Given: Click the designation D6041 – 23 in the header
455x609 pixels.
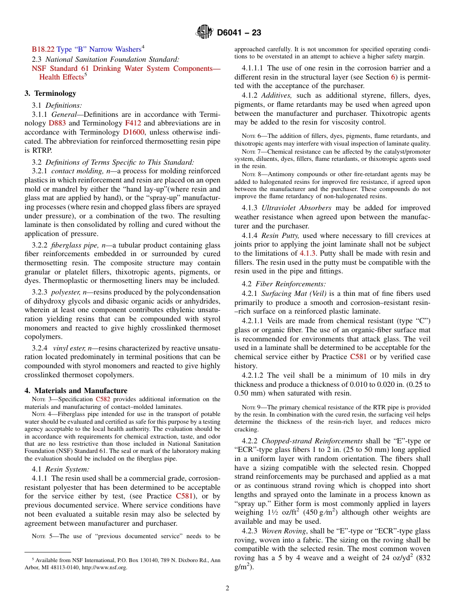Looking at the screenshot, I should click(x=239, y=33).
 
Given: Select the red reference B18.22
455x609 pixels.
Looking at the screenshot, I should click(x=43, y=49).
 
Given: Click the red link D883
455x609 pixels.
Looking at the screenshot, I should click(x=57, y=123).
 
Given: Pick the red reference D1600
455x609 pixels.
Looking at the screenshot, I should click(x=134, y=132).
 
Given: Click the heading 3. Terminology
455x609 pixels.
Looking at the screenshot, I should click(x=50, y=93).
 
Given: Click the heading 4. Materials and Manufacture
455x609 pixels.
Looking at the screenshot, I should click(x=76, y=390).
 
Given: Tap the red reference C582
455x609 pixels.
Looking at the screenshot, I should click(x=103, y=399).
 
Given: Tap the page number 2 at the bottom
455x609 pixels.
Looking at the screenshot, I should click(x=227, y=588).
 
